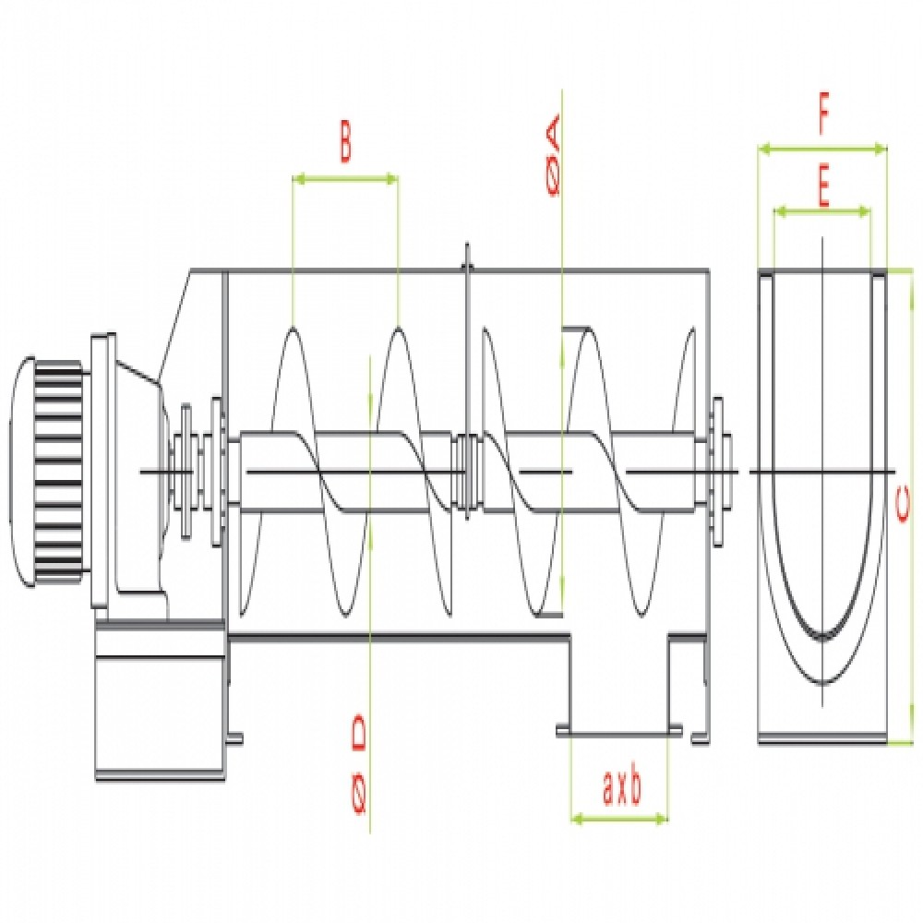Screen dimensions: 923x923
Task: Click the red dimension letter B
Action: (x=344, y=146)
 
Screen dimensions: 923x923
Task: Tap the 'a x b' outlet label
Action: (x=621, y=790)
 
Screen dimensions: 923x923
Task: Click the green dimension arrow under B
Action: (x=344, y=178)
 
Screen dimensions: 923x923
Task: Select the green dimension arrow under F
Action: (x=821, y=146)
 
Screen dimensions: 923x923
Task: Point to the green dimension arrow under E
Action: (x=821, y=211)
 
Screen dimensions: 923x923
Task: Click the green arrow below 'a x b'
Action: (x=620, y=817)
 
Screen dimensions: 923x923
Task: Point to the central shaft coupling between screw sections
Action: (x=468, y=471)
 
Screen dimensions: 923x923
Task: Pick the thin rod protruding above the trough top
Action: (x=468, y=258)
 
